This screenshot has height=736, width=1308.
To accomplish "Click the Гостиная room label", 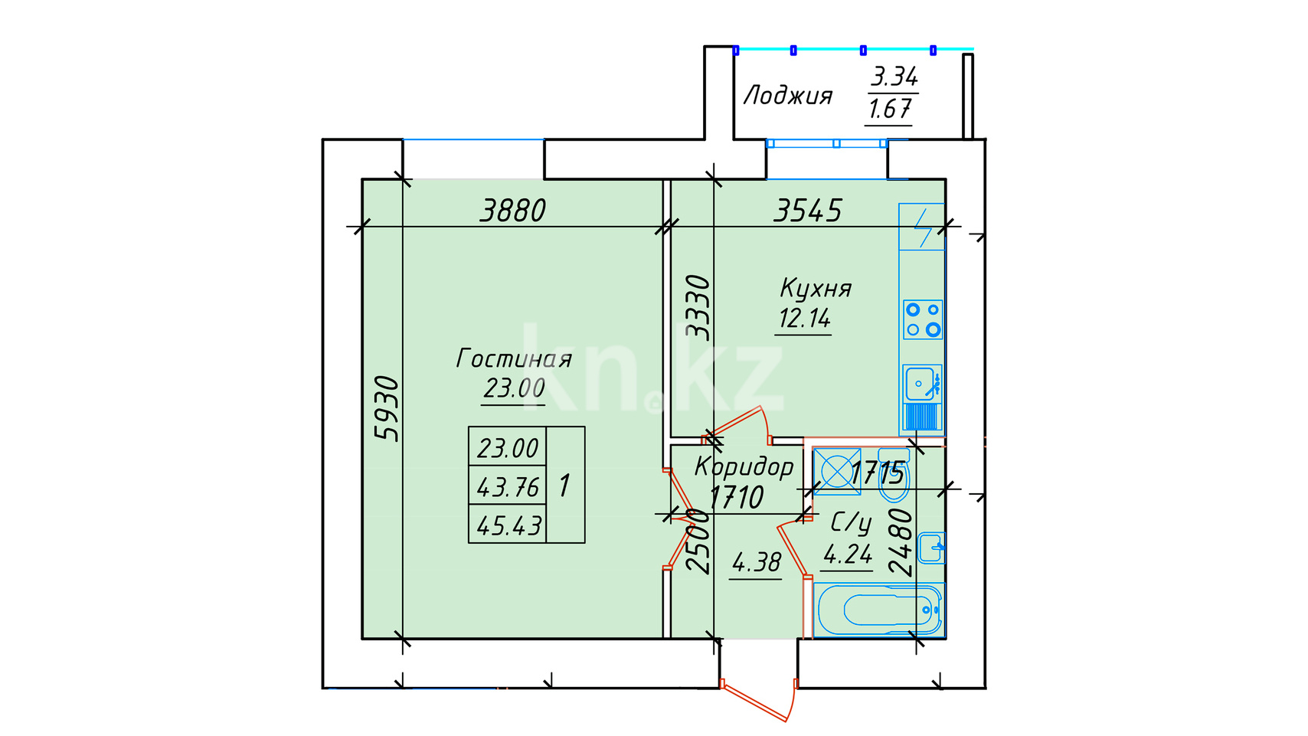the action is coord(513,358).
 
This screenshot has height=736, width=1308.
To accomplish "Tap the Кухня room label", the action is coord(816,288).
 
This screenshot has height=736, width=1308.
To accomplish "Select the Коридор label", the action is coord(744,466).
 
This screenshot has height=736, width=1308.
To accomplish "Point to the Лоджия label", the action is coord(788,96).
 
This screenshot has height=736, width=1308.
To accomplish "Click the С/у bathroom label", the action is coord(851,523).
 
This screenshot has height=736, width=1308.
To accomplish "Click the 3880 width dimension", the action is coord(512,211).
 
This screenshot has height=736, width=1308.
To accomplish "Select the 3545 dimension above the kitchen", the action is coord(808,211).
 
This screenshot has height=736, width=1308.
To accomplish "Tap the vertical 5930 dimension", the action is coord(387,409).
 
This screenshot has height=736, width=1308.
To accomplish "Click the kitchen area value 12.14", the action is coord(804,319).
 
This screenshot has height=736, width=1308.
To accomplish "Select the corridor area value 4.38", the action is coord(756,562).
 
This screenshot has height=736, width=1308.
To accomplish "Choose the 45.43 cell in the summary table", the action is coord(508,525).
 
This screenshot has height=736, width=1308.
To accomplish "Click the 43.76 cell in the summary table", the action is coord(508,486).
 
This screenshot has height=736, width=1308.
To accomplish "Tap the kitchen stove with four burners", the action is coord(923,319).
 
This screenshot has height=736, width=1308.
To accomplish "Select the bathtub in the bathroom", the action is coord(878,610).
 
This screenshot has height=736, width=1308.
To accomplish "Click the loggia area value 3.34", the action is coord(894,77).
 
